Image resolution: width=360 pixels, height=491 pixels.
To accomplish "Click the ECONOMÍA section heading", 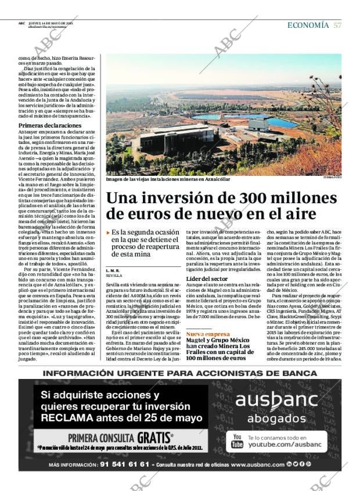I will pos(308,26).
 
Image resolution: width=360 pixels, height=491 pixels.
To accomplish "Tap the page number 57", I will pos(337,26).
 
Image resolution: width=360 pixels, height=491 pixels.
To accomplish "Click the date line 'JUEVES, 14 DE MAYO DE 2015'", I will pos(55,23).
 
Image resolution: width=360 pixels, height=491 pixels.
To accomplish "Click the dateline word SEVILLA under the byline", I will pos(114,276).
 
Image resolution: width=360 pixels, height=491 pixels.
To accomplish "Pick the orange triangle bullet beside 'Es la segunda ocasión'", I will pos(108,233).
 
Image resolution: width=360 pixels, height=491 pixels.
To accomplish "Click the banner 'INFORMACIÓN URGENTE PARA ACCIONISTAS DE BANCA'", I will pos(180,373).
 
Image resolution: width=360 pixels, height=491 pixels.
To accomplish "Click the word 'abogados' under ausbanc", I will pos(276,418).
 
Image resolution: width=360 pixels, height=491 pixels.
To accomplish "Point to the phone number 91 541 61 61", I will pos(125,465).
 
